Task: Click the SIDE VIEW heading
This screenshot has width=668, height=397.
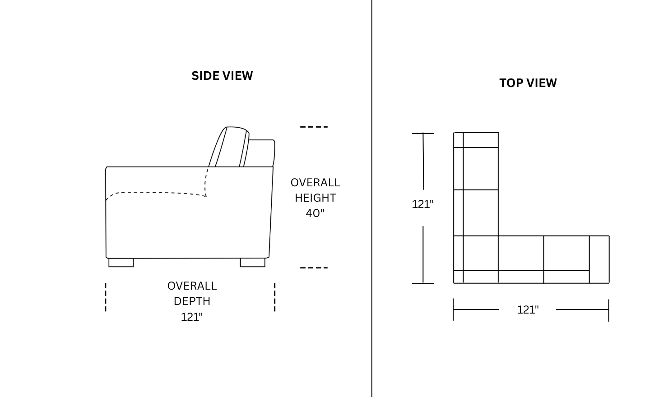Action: tap(222, 76)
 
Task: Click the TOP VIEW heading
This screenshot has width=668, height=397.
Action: tap(528, 83)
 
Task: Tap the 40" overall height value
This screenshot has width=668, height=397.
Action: tap(315, 213)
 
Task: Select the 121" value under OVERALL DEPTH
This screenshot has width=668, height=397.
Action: tap(192, 317)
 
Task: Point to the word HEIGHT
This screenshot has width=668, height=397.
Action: tap(315, 198)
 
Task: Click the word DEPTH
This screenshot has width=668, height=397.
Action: tap(192, 301)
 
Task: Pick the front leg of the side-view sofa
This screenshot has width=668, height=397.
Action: tap(121, 263)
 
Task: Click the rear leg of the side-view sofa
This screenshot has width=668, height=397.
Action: tap(253, 263)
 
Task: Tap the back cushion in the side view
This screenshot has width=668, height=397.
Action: tap(229, 147)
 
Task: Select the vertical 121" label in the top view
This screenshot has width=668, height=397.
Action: tap(422, 204)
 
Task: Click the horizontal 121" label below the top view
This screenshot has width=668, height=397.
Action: tap(528, 310)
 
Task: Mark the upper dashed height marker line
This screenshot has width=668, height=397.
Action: tap(314, 127)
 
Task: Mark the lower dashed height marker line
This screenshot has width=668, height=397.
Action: tap(314, 268)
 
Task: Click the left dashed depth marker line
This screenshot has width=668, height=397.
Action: tap(106, 297)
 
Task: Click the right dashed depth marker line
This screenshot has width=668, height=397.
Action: tap(275, 297)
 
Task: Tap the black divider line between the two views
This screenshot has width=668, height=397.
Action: tap(372, 198)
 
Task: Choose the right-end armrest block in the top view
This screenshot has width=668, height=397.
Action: tap(599, 259)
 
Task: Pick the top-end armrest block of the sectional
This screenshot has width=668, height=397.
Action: tap(476, 140)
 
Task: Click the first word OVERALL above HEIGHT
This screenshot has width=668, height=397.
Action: tap(315, 182)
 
